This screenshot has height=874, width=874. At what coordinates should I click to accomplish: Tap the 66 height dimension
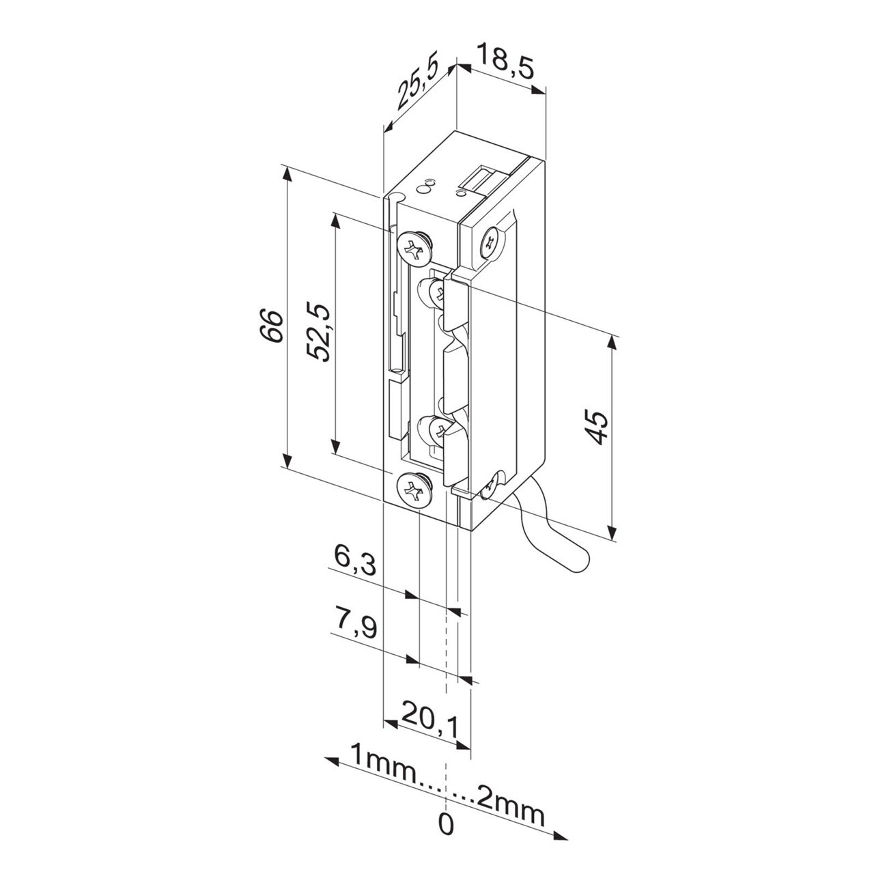(x=271, y=326)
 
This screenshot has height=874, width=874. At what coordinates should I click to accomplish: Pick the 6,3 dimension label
(x=355, y=561)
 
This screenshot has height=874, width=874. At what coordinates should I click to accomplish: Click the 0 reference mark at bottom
(x=445, y=825)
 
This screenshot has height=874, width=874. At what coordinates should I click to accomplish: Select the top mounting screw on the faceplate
(x=414, y=246)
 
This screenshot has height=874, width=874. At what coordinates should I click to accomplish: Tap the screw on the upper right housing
(x=492, y=242)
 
